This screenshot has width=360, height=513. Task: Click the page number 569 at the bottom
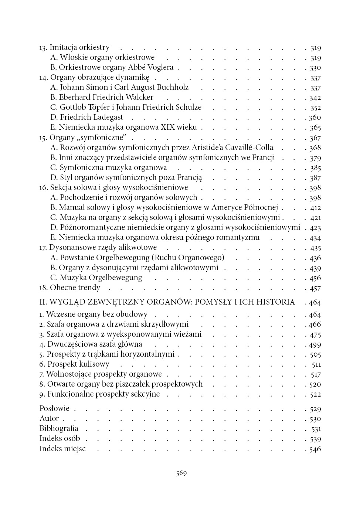click(x=181, y=473)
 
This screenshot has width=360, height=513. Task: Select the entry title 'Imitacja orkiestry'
click(x=79, y=48)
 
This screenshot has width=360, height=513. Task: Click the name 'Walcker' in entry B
click(x=139, y=98)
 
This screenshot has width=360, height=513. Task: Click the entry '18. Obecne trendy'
click(x=70, y=288)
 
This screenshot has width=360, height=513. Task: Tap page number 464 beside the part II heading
click(x=315, y=303)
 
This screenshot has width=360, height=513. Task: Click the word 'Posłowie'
click(x=54, y=409)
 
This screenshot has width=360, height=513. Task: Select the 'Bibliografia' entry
click(x=59, y=429)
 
